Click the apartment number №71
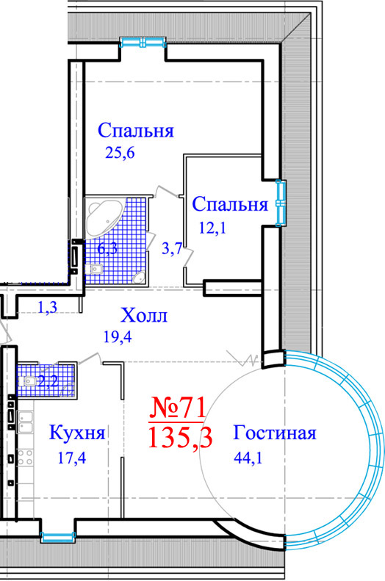(x=177, y=408)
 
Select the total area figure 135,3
(x=180, y=438)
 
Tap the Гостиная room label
(x=275, y=433)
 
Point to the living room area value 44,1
(x=248, y=458)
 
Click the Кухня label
(x=77, y=433)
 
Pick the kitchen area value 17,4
(x=72, y=458)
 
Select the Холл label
(x=144, y=316)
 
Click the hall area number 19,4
(x=118, y=337)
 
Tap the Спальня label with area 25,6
(x=136, y=131)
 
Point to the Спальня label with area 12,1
(x=230, y=204)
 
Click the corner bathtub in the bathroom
(x=104, y=217)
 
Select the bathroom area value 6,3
(x=107, y=248)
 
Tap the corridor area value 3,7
(x=172, y=248)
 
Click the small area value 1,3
(x=48, y=307)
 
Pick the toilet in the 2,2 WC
(x=28, y=381)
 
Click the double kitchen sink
(x=25, y=422)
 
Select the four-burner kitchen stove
(x=25, y=457)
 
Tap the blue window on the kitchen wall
(x=58, y=536)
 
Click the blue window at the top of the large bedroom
(x=143, y=43)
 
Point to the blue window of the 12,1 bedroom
(x=281, y=203)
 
